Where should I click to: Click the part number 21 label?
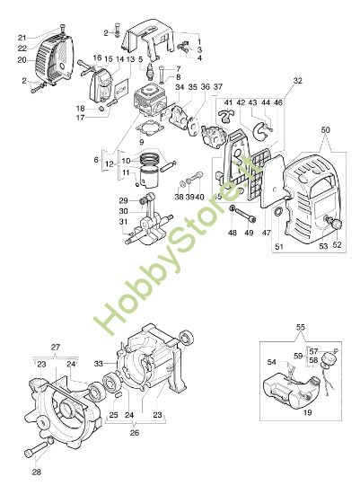coord(22,38)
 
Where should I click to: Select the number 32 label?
coord(297,80)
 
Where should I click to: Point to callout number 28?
coord(36,472)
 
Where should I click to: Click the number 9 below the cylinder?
coord(141,142)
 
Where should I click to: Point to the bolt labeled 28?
coord(39,450)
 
